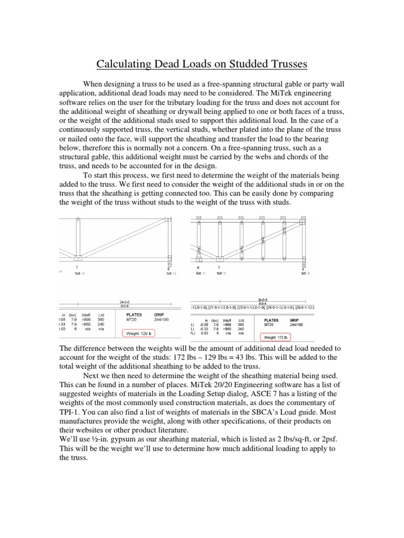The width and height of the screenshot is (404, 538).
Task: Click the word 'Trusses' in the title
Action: pos(285,65)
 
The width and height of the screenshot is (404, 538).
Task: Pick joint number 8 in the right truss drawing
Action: pos(198,267)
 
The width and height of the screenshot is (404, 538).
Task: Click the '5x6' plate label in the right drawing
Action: pos(198,273)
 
